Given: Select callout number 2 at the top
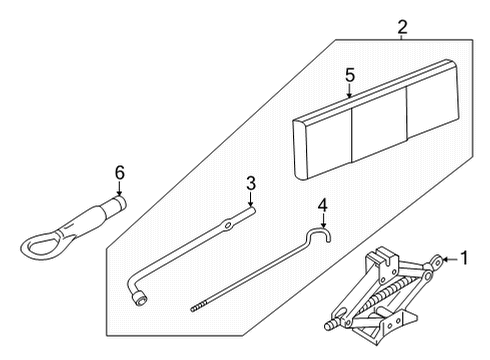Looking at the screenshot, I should tap(402, 25).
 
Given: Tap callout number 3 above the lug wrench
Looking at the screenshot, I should tap(251, 184).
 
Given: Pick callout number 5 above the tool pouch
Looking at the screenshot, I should tap(350, 74).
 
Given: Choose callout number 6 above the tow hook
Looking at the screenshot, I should tap(119, 173).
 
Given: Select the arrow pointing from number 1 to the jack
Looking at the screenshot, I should tap(447, 260).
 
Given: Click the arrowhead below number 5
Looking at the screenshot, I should tap(350, 93).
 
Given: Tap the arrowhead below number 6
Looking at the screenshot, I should tap(119, 193).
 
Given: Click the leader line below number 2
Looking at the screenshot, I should tap(402, 36).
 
